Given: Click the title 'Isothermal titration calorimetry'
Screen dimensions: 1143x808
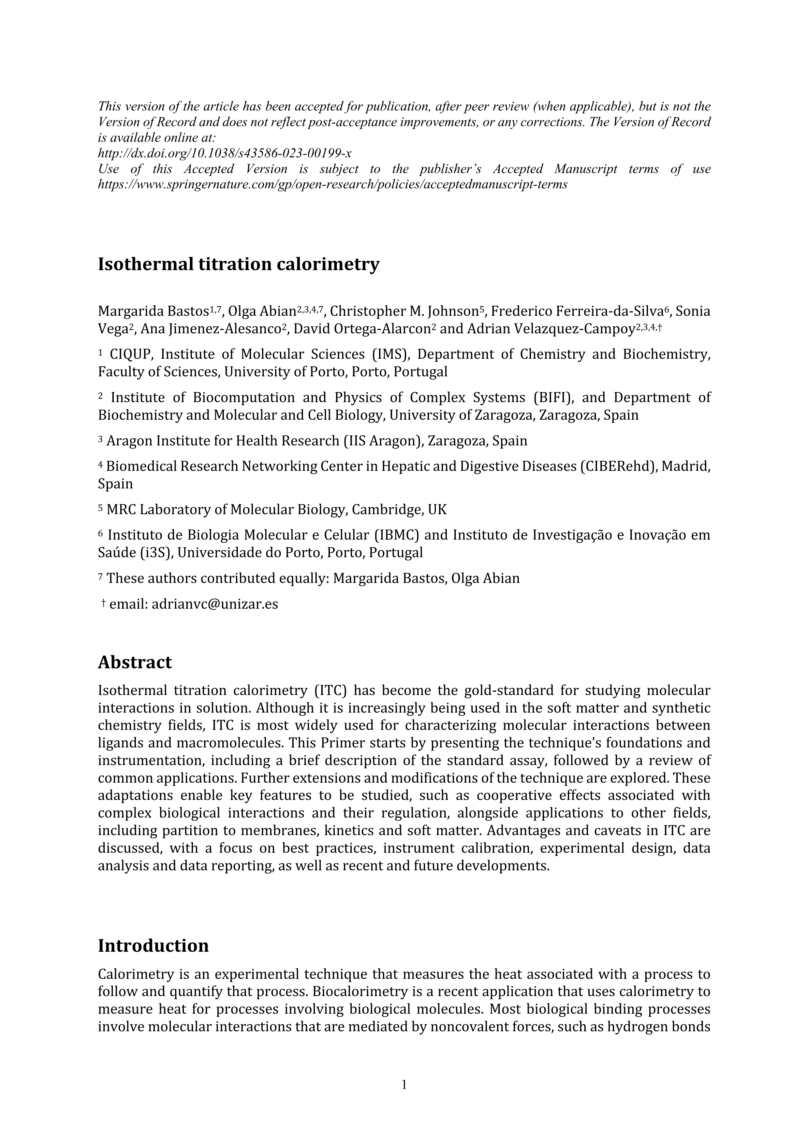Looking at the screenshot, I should pyautogui.click(x=239, y=264).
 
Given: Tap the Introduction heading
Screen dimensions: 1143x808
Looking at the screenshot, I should pyautogui.click(x=153, y=945).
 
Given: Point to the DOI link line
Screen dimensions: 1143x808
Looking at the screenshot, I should pyautogui.click(x=225, y=153).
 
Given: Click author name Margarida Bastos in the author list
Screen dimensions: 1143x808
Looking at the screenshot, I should pyautogui.click(x=153, y=311).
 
